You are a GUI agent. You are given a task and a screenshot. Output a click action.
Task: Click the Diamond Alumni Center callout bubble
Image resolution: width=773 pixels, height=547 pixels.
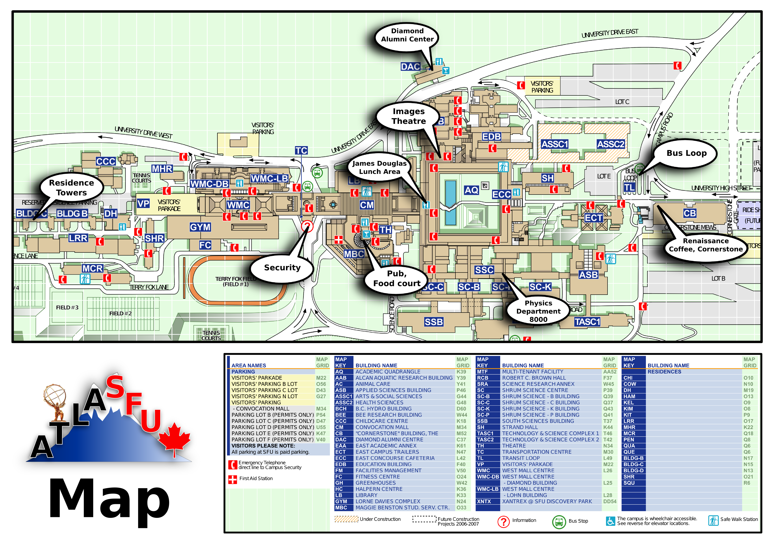[x=407, y=35]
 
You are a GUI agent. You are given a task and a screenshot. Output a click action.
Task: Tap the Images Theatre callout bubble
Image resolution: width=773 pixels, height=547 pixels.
[x=408, y=116]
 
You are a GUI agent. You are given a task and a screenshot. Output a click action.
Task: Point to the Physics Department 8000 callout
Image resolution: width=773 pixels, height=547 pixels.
[x=538, y=311]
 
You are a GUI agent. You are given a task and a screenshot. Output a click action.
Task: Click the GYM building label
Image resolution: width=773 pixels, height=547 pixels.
[x=200, y=227]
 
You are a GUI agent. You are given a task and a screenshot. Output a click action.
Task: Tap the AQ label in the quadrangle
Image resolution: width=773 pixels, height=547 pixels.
[x=471, y=190]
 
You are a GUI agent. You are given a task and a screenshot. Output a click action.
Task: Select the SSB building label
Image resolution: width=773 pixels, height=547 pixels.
[x=434, y=322]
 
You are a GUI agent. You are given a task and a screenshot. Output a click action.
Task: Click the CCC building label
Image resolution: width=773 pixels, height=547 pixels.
[x=106, y=161]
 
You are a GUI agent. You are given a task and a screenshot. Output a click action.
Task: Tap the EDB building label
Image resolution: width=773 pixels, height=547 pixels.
[x=491, y=137]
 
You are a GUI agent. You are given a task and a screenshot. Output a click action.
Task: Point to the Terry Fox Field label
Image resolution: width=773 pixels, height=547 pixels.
[x=236, y=281]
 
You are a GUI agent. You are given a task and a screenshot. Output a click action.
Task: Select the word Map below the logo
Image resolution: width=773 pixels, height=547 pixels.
[x=110, y=499]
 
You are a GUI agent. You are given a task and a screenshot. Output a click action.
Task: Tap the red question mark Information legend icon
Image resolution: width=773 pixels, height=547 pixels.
[x=503, y=522]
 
